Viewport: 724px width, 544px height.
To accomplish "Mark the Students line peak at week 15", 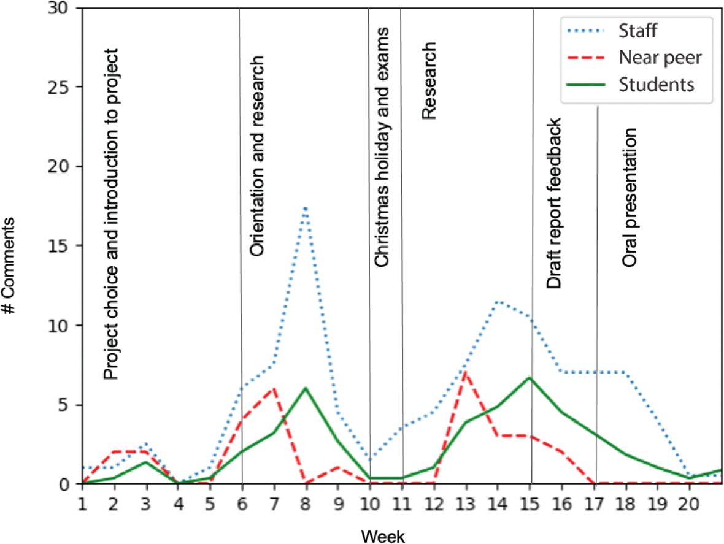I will point(530,377).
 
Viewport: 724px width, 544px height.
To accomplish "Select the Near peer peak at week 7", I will point(273,388).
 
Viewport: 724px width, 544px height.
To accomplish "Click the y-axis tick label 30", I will point(65,9).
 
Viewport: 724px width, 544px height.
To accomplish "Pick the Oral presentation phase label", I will point(630,198).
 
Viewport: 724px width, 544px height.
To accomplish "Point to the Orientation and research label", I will point(258,156).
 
